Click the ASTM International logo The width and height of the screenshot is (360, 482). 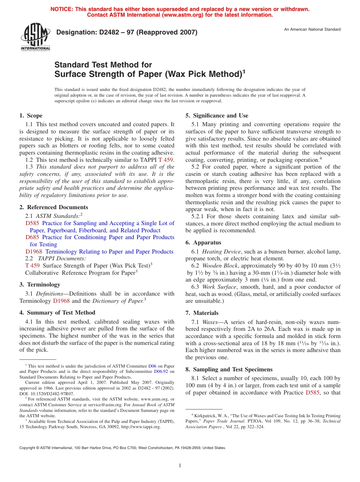click(35, 37)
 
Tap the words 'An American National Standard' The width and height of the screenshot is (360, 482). click(312, 30)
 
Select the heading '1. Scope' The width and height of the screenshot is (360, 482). click(31, 116)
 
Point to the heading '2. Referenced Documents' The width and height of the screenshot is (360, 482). click(54, 207)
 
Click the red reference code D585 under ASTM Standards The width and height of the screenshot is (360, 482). click(33, 223)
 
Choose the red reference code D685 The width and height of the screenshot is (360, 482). click(33, 237)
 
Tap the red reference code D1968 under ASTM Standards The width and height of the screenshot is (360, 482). click(34, 252)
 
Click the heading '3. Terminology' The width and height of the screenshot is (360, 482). click(40, 285)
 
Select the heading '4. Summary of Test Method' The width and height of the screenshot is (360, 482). click(57, 313)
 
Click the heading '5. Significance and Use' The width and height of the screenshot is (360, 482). click(217, 116)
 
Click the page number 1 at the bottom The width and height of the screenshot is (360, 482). click(180, 466)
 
